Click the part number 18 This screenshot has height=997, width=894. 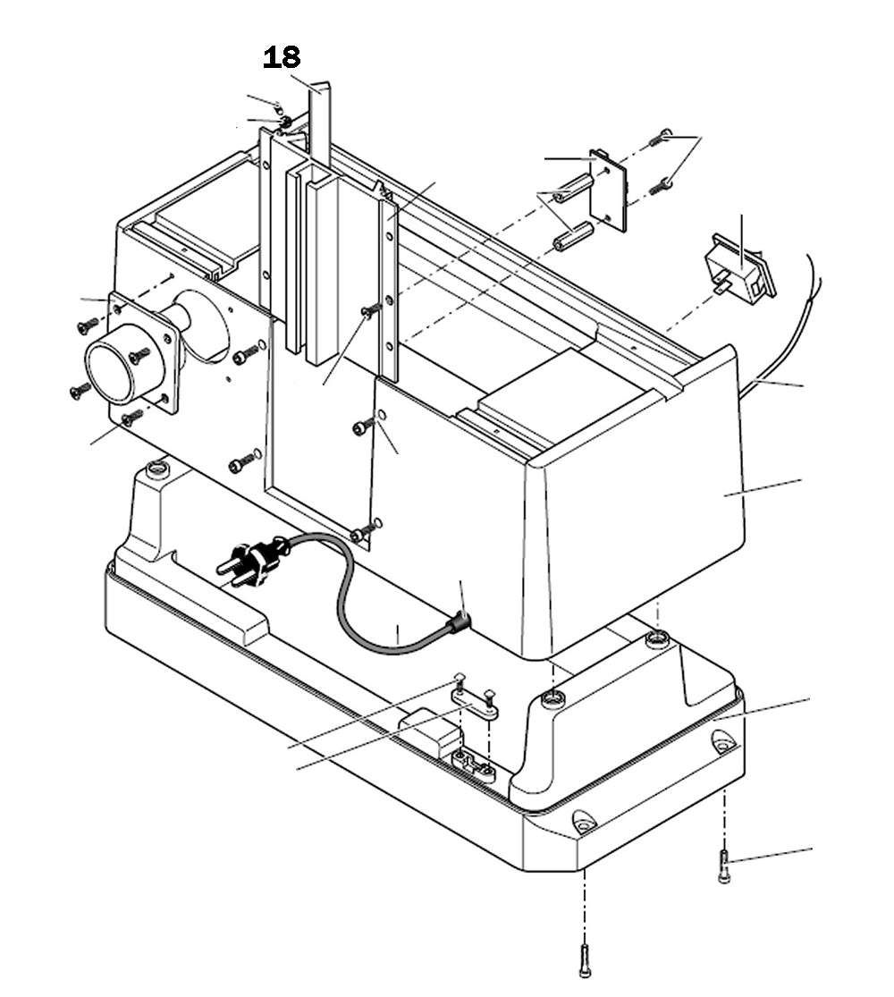coord(282,58)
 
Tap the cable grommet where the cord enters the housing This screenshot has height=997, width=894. coord(460,621)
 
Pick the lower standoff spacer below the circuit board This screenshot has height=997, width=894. coord(572,237)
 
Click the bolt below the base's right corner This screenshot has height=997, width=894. coord(724,866)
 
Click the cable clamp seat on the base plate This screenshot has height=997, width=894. coord(474,765)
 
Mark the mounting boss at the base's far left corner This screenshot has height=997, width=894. coord(158,468)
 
